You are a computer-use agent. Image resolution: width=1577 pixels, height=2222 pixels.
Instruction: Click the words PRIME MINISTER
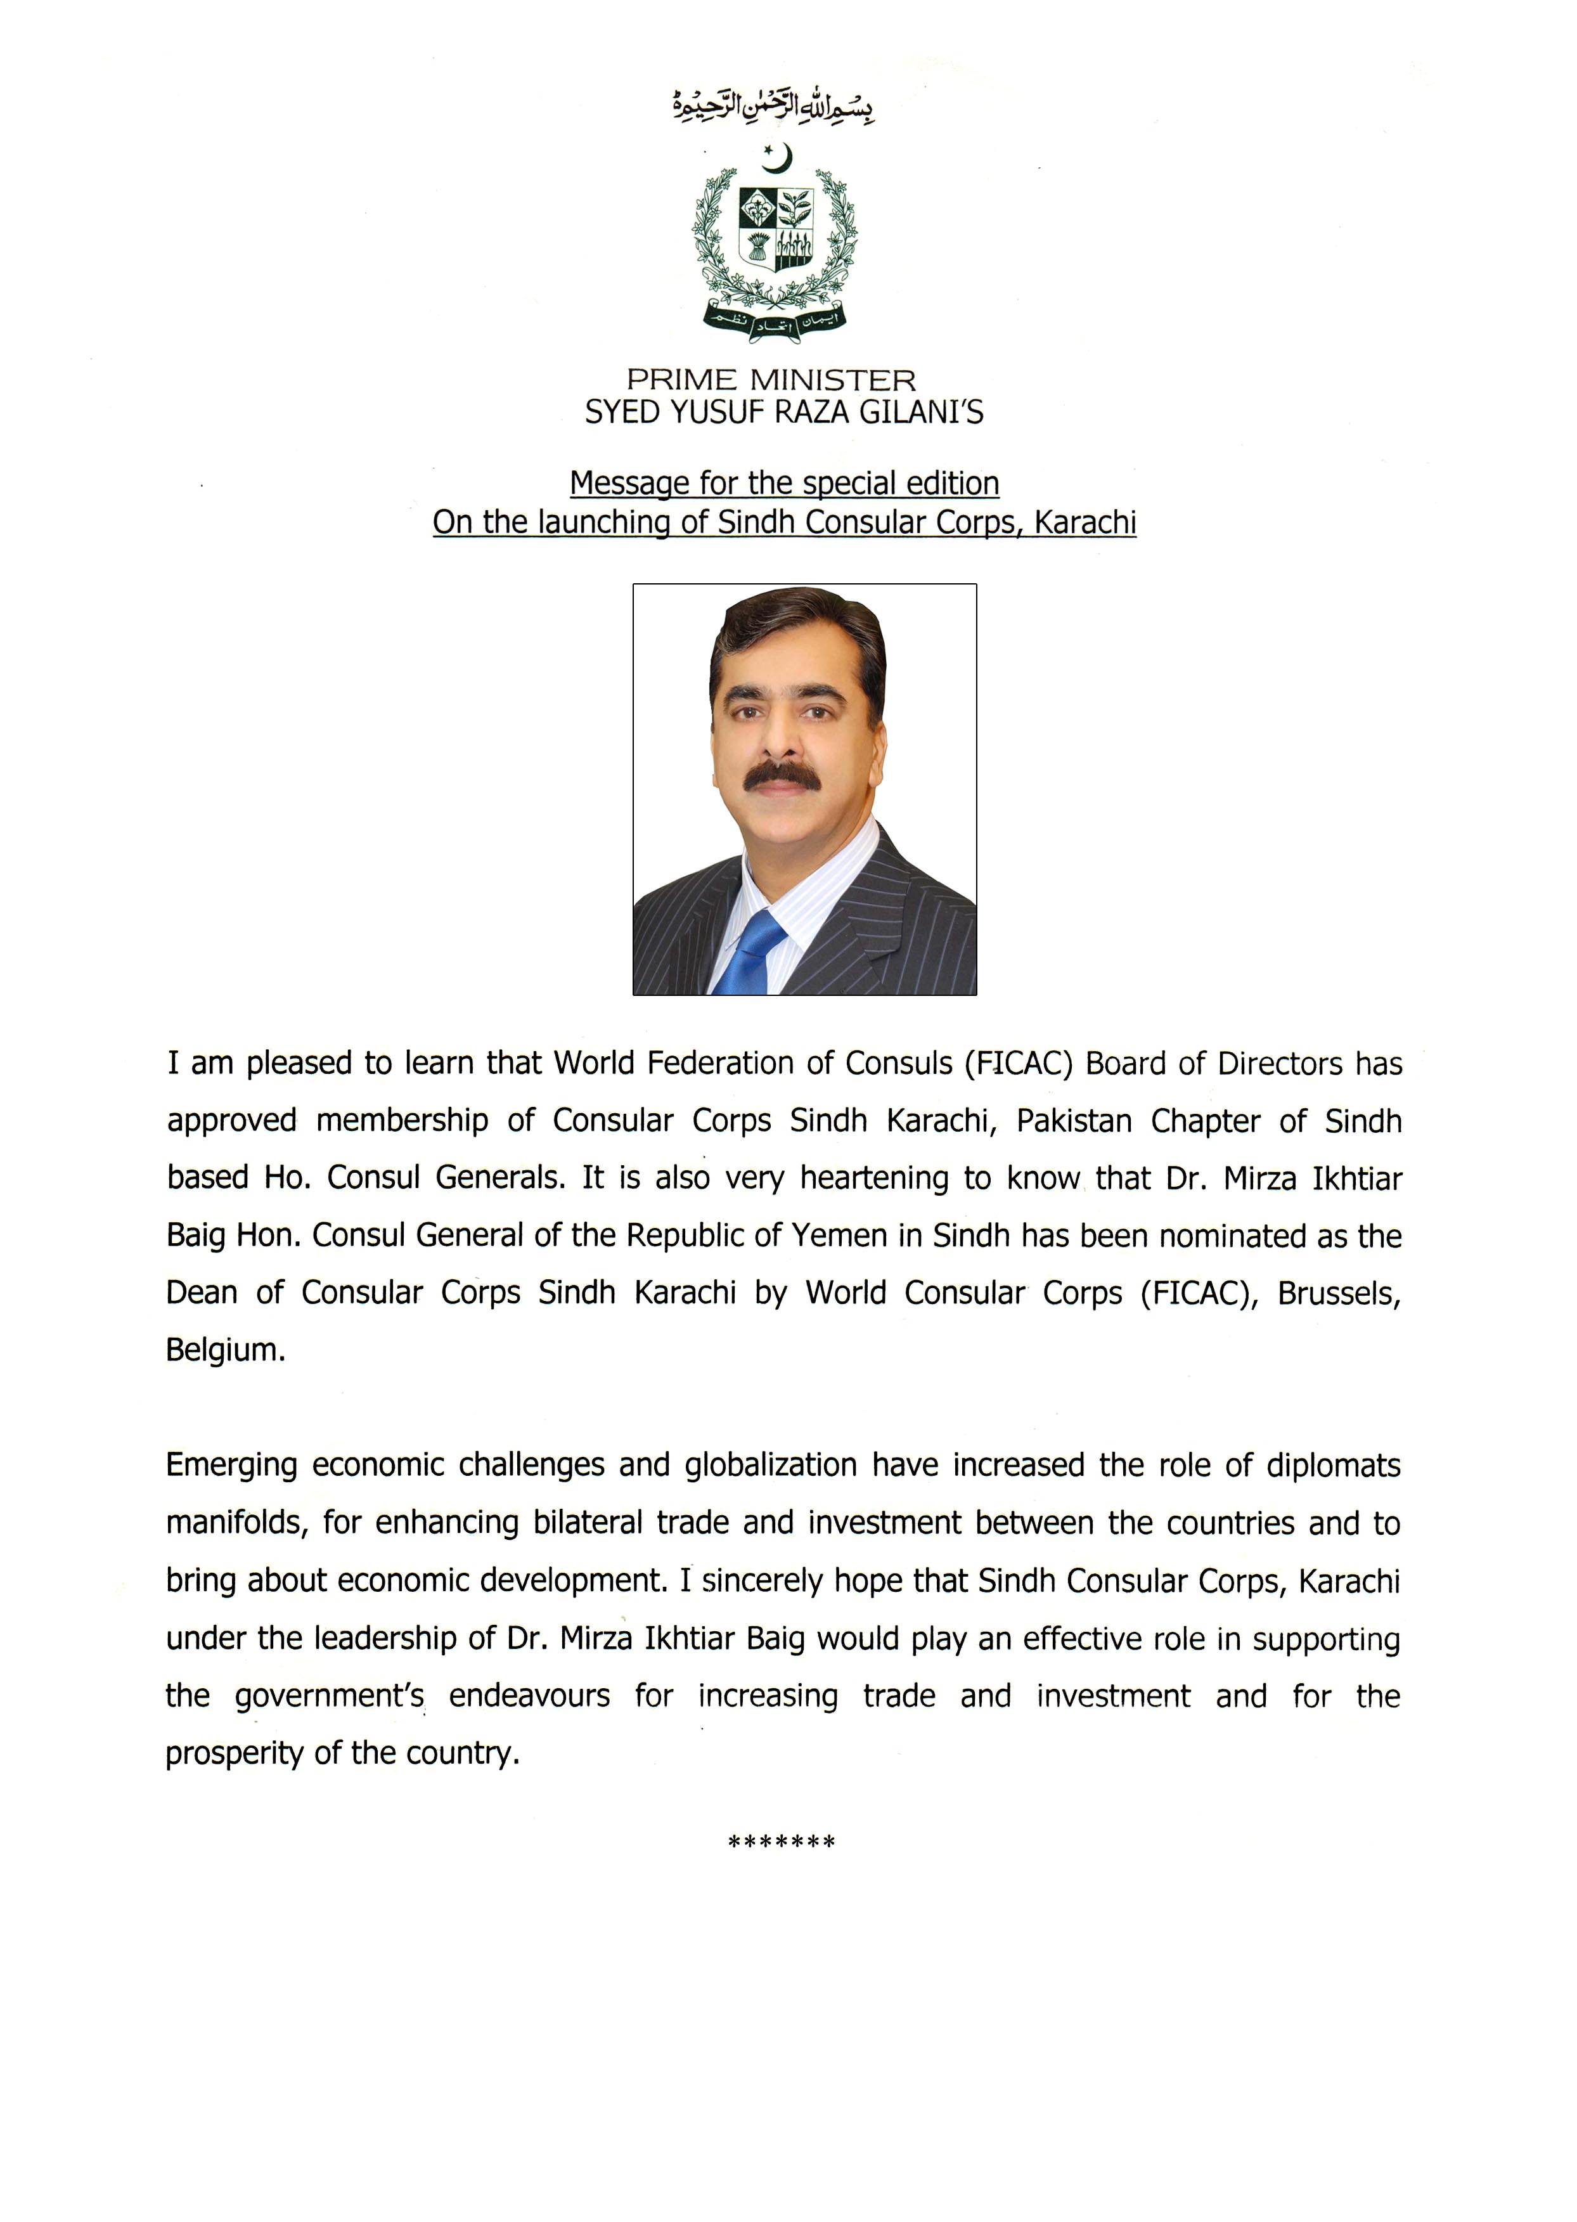[771, 380]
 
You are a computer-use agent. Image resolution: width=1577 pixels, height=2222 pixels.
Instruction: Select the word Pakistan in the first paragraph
[1074, 1121]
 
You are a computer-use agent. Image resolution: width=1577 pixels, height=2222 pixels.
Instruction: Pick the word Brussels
[1338, 1293]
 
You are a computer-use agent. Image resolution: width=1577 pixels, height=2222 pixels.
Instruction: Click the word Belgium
[225, 1351]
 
